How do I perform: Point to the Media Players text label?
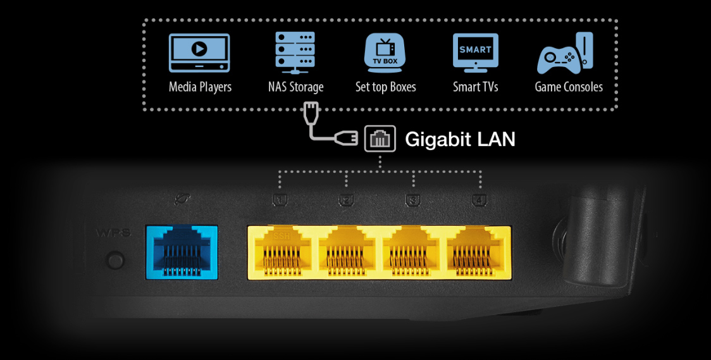(200, 87)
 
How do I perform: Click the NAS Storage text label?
(295, 87)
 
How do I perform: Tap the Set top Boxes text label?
(386, 87)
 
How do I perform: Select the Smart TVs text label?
(476, 87)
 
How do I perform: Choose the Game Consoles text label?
(569, 87)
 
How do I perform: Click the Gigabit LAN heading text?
(460, 139)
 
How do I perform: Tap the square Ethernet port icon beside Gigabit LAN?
(380, 139)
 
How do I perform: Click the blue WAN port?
(182, 252)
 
